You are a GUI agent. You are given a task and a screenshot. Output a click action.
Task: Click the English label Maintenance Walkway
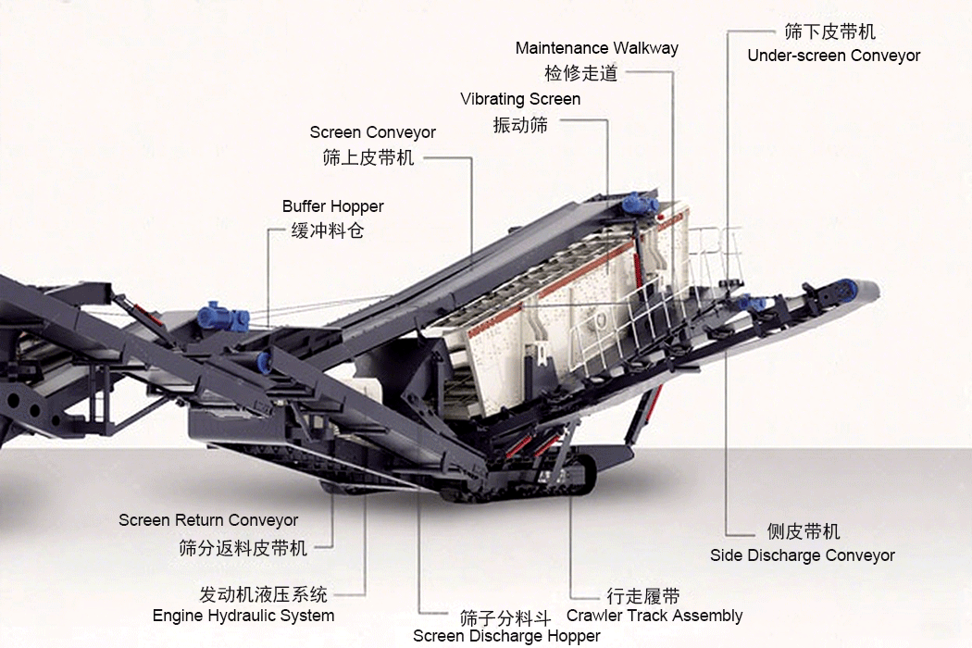[597, 48]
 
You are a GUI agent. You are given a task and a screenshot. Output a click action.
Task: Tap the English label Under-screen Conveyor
[834, 56]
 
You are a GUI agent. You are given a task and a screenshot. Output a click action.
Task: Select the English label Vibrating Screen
[520, 99]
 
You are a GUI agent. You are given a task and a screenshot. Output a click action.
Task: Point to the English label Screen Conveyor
[372, 132]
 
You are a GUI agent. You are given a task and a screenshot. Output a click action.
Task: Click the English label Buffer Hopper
[333, 206]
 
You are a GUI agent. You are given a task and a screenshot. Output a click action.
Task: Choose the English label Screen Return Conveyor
[208, 520]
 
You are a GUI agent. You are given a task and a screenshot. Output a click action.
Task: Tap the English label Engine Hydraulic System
[243, 616]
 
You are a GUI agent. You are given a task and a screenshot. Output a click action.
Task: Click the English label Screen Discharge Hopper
[506, 636]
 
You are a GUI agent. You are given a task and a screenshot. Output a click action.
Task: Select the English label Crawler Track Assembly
[654, 616]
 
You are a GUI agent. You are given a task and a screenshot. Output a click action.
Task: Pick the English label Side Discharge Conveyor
[803, 555]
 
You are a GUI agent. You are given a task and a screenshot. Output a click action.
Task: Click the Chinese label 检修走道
[581, 73]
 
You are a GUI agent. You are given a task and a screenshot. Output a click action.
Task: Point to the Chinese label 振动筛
[520, 125]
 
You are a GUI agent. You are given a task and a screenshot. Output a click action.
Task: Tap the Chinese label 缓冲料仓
[328, 231]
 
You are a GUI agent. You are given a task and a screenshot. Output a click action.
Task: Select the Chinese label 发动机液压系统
[264, 594]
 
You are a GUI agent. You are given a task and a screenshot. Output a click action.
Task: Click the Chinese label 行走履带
[643, 596]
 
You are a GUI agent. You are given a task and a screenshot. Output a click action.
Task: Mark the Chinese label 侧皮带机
[804, 531]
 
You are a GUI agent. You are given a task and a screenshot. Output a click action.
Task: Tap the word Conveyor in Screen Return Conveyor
[262, 520]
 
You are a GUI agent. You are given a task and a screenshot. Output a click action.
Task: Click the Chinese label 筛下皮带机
[830, 31]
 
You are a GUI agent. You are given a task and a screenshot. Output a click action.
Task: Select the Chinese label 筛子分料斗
[505, 618]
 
